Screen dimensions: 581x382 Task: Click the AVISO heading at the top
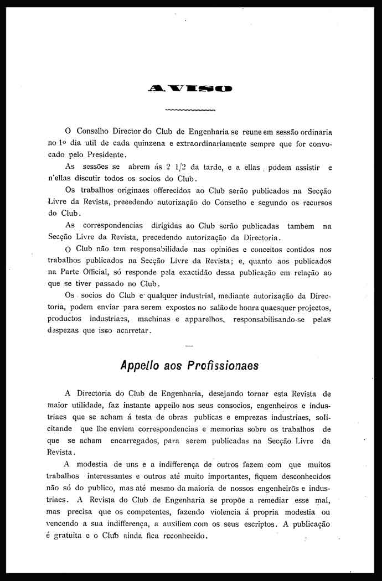(190, 88)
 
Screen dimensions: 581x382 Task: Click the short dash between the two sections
(190, 346)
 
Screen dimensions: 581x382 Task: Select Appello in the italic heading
(142, 366)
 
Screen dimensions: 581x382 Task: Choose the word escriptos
(256, 525)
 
